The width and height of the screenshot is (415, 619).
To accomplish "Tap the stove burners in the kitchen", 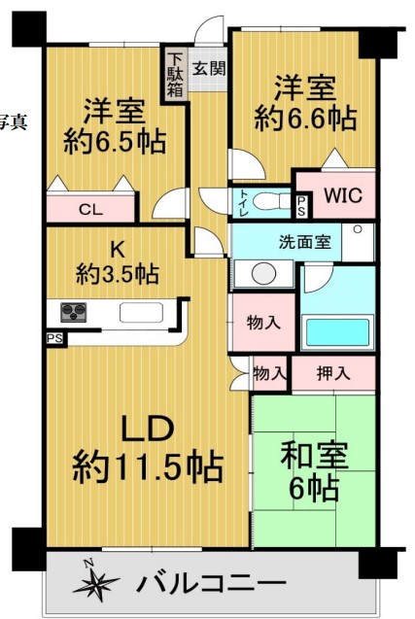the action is click(x=74, y=312).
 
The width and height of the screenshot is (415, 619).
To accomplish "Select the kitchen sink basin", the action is click(x=141, y=313).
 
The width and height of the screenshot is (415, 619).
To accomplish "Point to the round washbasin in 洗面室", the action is click(x=263, y=274).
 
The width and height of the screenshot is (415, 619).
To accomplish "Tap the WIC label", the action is click(x=343, y=195).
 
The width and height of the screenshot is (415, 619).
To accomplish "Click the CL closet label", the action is click(x=90, y=210).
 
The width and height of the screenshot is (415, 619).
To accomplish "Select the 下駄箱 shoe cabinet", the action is click(x=174, y=75).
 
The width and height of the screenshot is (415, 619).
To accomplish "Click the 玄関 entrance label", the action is click(x=209, y=68).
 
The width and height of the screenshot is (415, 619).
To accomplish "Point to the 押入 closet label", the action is click(x=332, y=373).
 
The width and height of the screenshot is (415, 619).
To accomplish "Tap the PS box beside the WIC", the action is click(x=301, y=206).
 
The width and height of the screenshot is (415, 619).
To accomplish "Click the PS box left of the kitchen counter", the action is click(x=55, y=338).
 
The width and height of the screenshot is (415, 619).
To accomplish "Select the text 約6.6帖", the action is click(x=305, y=118).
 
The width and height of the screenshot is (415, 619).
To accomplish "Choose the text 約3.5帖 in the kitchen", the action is click(x=118, y=274).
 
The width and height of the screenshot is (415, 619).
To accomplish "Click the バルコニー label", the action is click(x=211, y=583).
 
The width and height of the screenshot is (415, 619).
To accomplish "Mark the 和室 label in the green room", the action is click(x=314, y=455).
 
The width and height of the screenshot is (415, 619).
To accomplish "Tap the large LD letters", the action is click(x=148, y=429).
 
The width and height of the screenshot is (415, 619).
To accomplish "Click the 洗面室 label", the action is click(x=304, y=242).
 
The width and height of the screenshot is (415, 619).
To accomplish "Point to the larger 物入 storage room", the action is click(x=263, y=323).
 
